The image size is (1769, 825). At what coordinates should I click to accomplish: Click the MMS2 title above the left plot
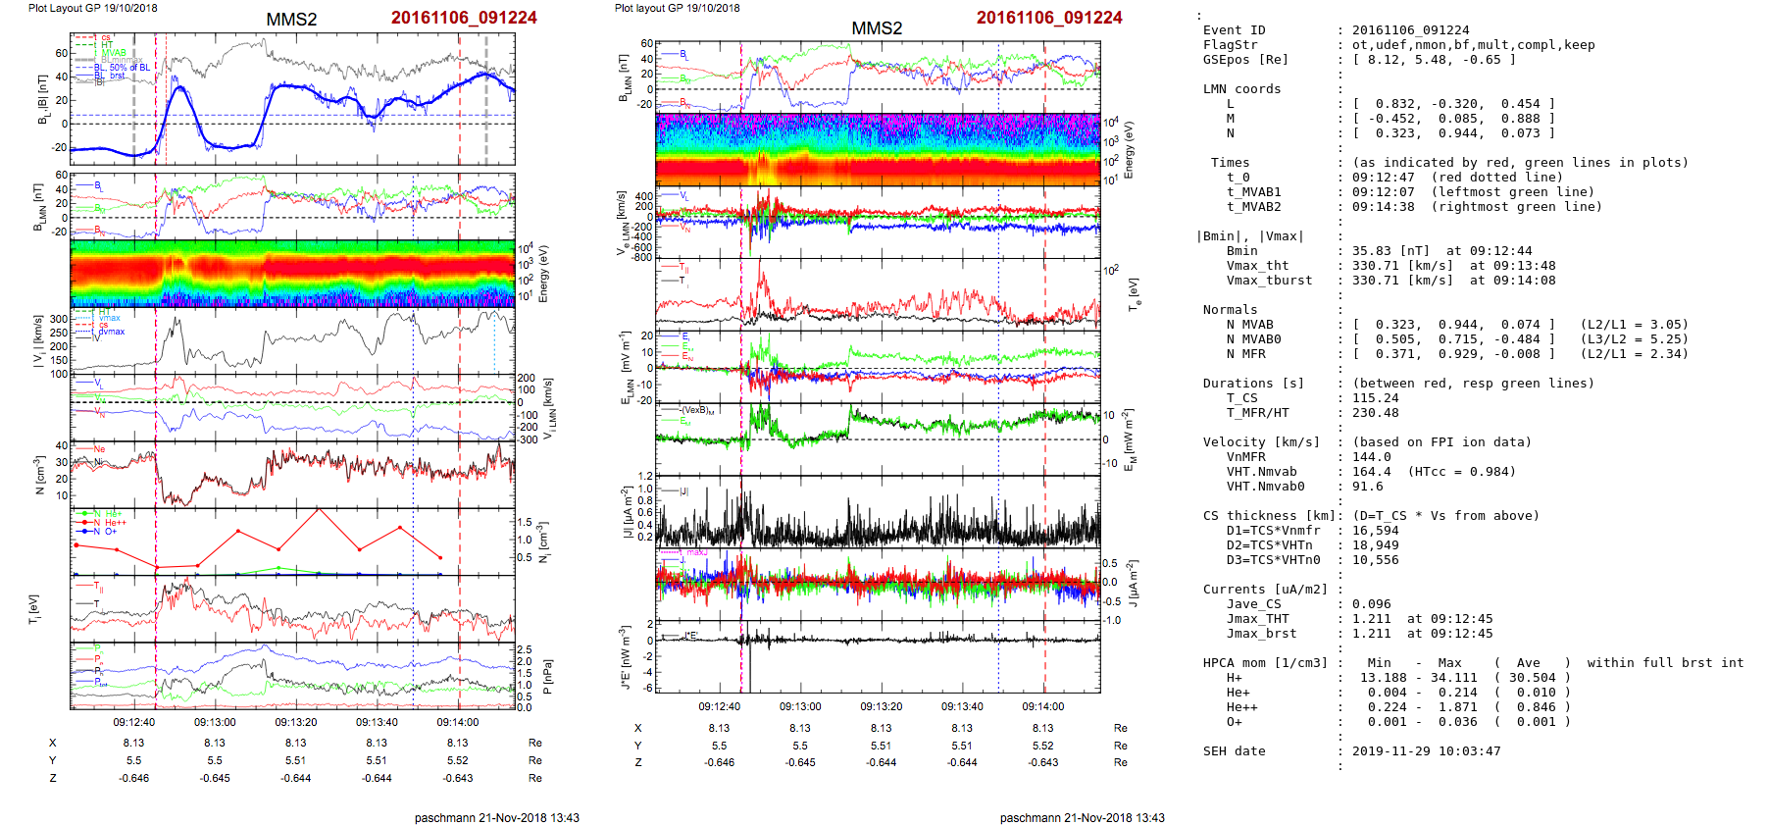(291, 20)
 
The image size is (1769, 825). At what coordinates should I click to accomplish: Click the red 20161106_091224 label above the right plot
(1049, 18)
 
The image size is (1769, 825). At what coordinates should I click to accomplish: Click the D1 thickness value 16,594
(1375, 531)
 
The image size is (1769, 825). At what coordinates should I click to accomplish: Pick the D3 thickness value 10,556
(1375, 560)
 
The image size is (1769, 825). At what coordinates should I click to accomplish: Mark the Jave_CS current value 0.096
(1371, 604)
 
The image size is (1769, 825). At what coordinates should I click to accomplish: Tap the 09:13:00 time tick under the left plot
(215, 722)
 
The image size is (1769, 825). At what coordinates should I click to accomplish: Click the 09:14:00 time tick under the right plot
(1042, 706)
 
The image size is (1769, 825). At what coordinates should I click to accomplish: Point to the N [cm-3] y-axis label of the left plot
(39, 475)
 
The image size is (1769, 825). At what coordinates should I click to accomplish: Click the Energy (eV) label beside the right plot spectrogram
(1129, 150)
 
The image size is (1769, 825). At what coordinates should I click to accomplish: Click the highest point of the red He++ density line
(318, 510)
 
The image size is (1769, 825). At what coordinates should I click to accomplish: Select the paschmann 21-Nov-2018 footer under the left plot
(496, 817)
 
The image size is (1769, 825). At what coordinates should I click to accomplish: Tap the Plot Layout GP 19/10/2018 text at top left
(92, 8)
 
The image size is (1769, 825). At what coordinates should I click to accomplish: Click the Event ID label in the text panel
(1234, 30)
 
